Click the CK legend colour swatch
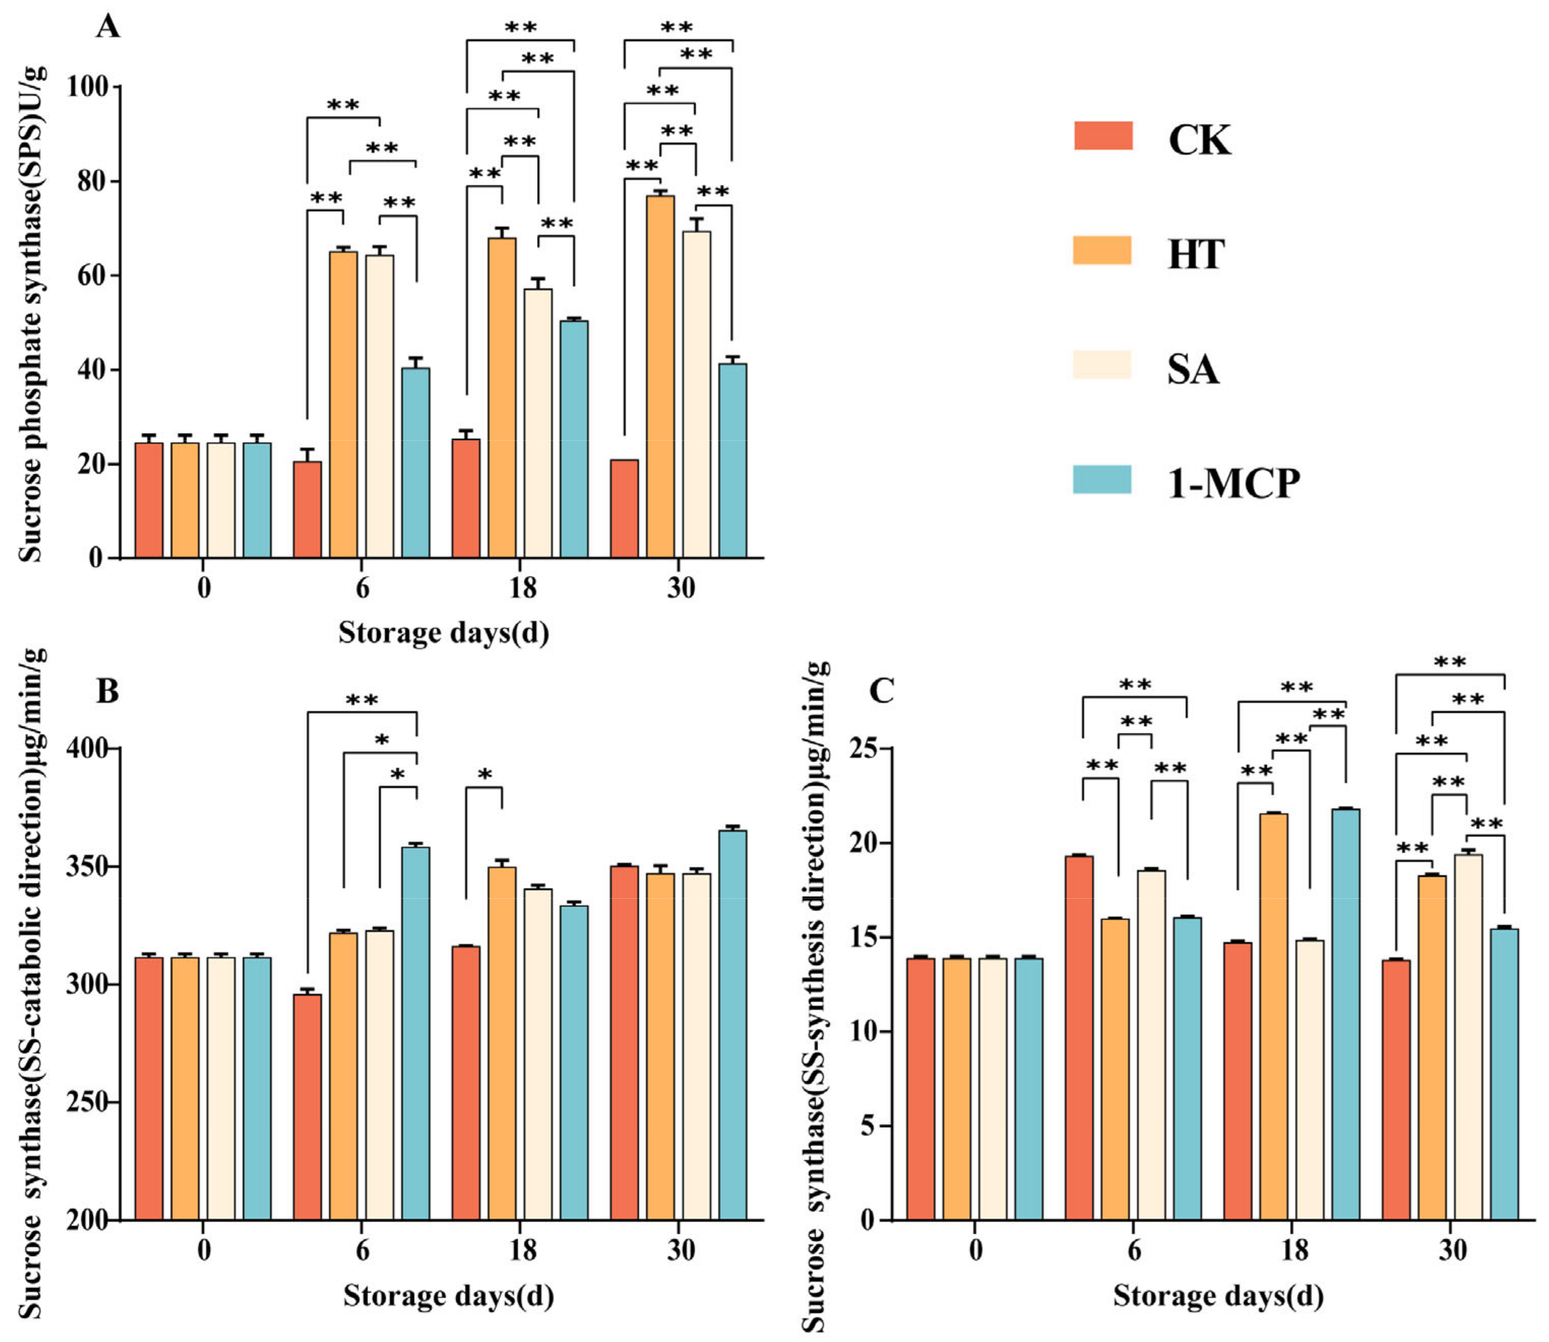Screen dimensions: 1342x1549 [x=1102, y=136]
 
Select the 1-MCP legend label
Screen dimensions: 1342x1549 [x=1233, y=483]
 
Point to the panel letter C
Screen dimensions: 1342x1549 [x=881, y=690]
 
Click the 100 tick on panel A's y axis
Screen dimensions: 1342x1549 [x=88, y=87]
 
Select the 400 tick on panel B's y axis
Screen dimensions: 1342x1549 [x=88, y=748]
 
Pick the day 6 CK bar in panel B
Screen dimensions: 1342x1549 [x=307, y=1108]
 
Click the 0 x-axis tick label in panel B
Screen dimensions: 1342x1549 [x=204, y=1250]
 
